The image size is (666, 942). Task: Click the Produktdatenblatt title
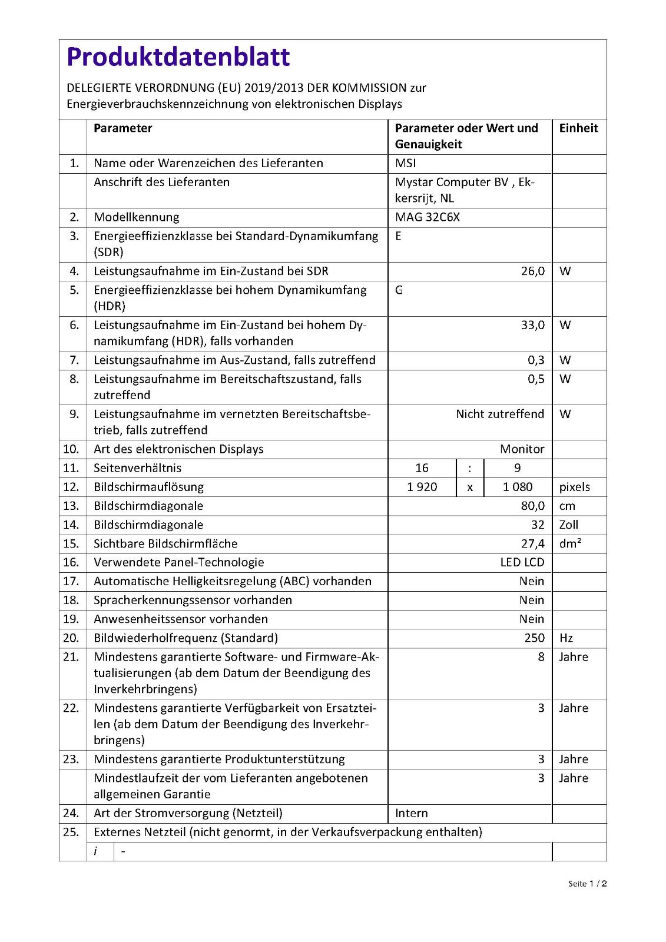coord(178,57)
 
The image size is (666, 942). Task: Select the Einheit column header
coord(578,128)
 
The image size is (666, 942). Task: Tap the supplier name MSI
coord(406,163)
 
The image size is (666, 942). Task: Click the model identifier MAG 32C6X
coord(428,217)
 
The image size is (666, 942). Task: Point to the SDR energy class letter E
coord(399,236)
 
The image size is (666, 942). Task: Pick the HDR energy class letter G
coord(399,290)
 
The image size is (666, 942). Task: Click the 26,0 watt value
coord(532,271)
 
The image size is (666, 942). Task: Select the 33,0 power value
coord(532,325)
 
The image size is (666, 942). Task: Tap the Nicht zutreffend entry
coord(499,414)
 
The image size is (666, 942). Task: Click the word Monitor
coord(522,449)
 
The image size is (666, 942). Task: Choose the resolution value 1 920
coord(422,487)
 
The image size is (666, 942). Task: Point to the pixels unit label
coord(574,487)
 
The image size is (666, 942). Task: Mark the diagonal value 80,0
coord(532,506)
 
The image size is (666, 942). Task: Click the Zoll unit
coord(568,525)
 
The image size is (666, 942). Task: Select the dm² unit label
coord(570,543)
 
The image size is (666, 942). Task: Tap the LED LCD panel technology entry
coord(522,562)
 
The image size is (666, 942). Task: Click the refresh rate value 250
coord(534,638)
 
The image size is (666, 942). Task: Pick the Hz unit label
coord(566,638)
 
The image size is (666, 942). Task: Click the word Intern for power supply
coord(412,813)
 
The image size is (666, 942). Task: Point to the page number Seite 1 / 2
coord(587,883)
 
